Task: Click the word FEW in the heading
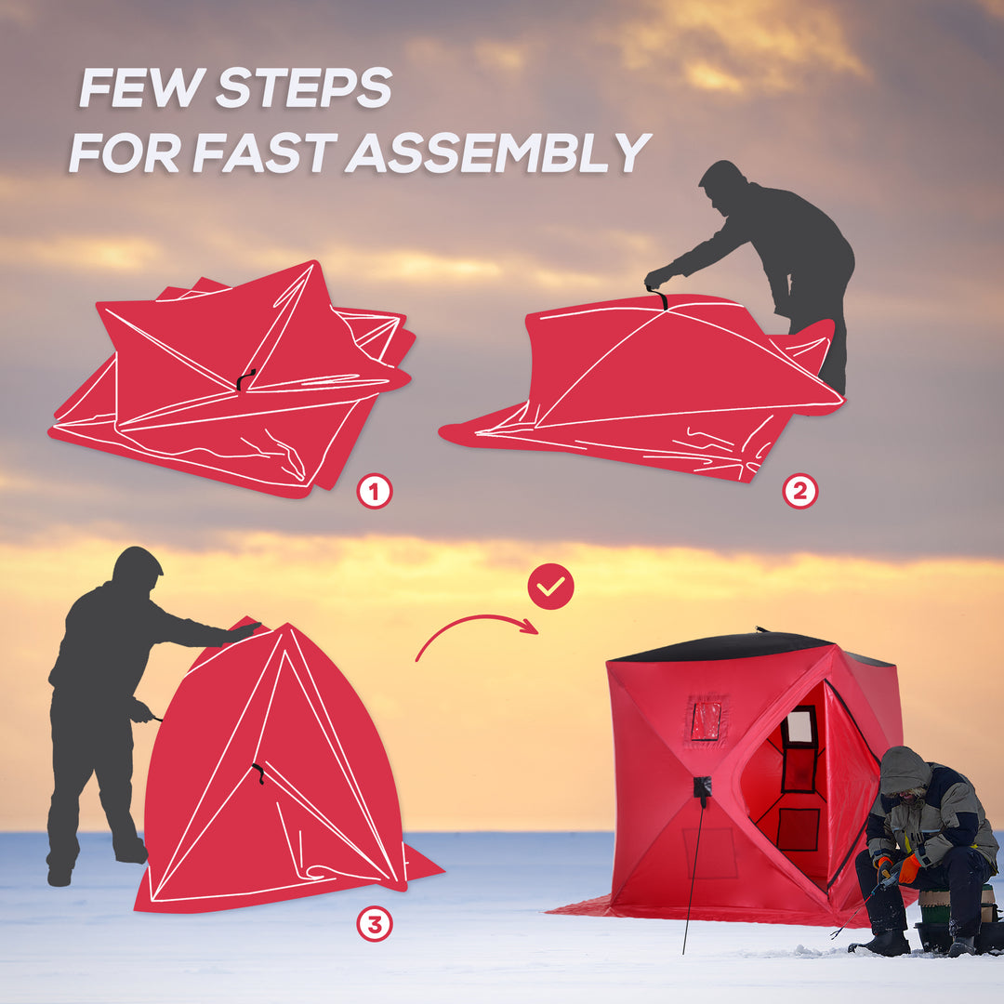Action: (139, 88)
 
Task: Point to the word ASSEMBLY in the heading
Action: (498, 152)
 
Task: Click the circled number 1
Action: (375, 492)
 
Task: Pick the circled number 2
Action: (799, 491)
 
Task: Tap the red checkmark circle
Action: (550, 587)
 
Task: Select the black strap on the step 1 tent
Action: (245, 378)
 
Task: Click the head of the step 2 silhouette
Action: (722, 178)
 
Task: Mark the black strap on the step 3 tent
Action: (258, 773)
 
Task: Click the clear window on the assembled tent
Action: (706, 720)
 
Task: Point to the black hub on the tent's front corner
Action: (702, 786)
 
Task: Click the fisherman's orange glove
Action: (908, 868)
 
